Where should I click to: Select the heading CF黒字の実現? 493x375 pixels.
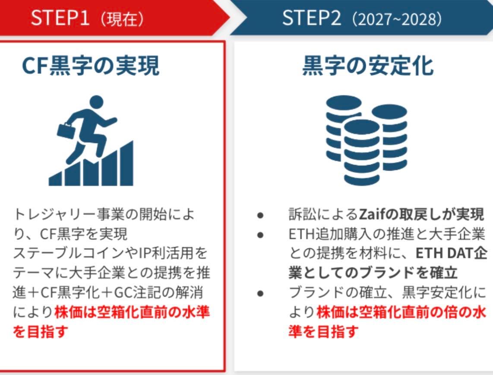pos(91,67)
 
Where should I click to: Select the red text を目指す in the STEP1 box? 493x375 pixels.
pos(41,333)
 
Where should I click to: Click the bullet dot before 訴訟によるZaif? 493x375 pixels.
pos(260,215)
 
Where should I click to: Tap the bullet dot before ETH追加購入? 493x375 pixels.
pos(260,234)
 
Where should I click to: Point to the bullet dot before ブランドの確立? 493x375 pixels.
pos(260,293)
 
